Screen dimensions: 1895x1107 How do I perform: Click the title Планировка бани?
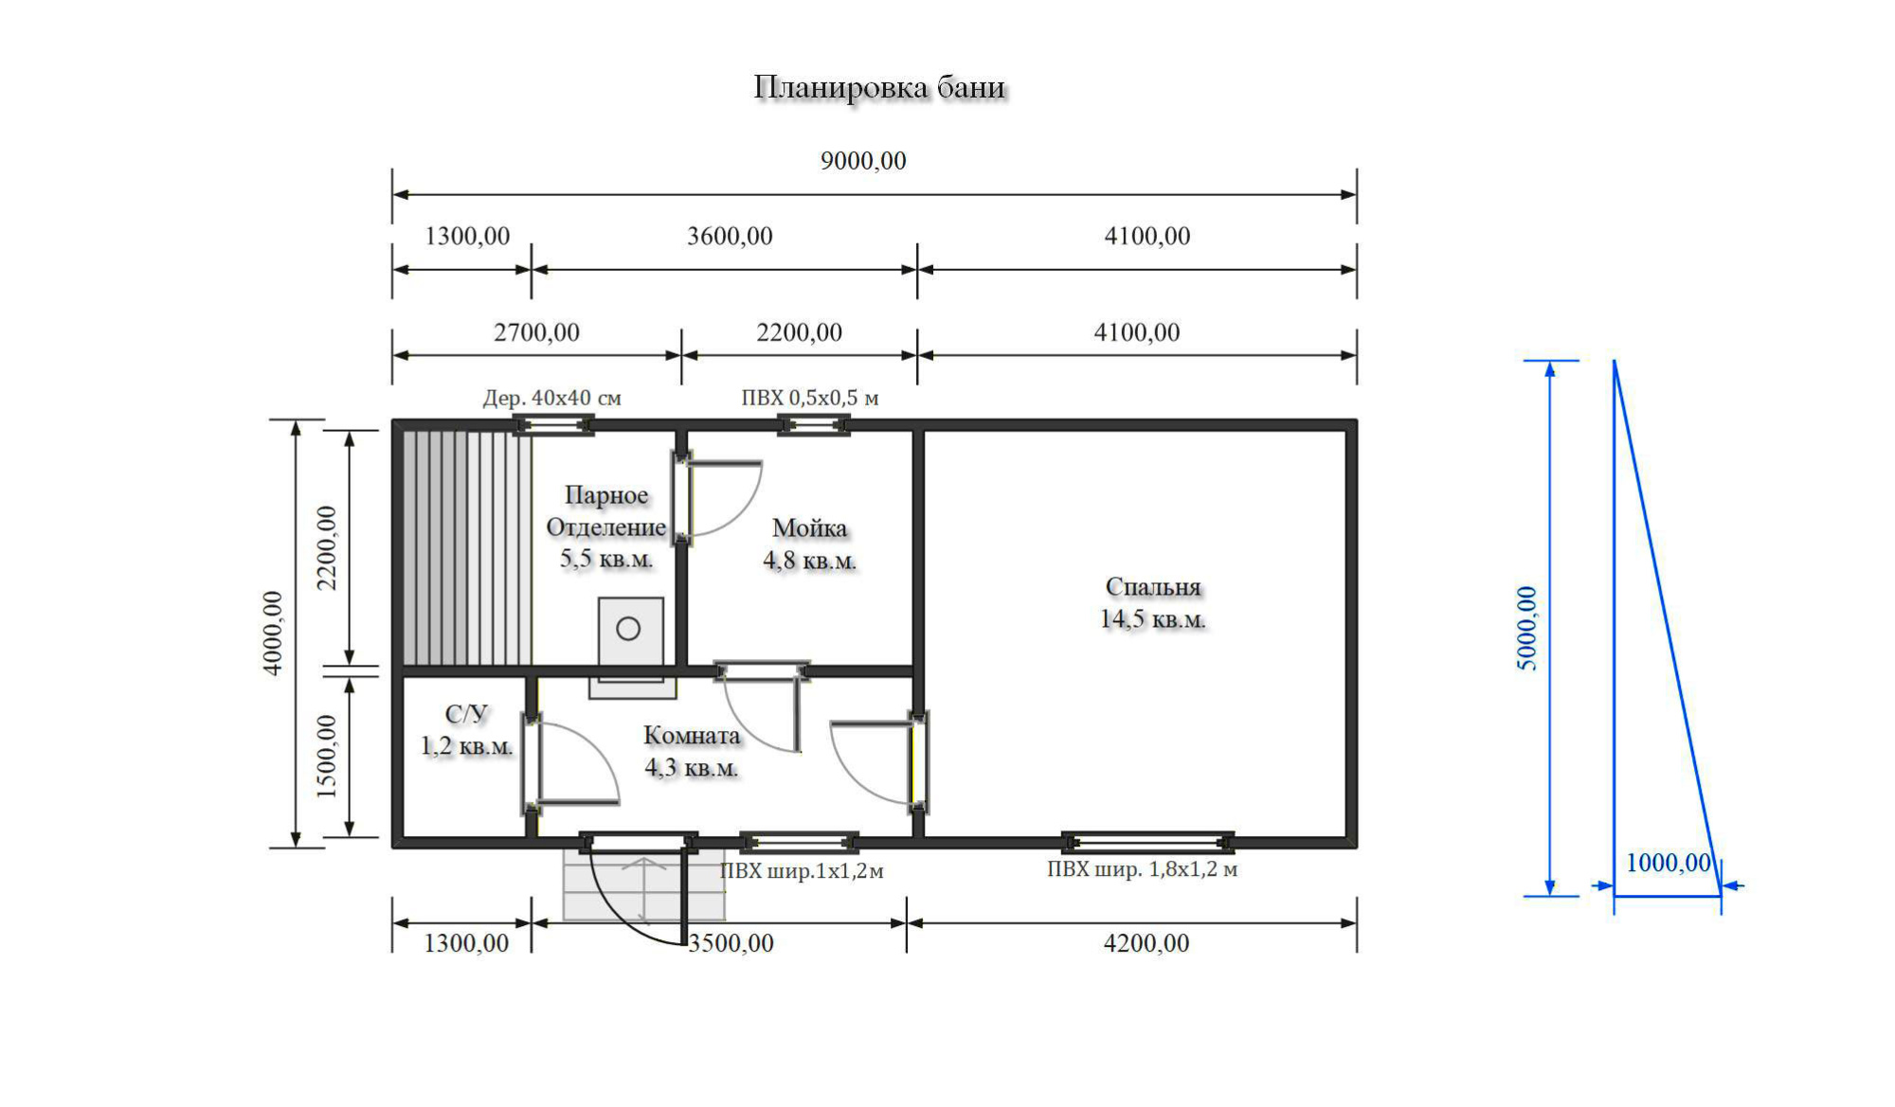[879, 87]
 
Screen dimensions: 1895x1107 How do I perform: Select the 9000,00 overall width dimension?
[863, 161]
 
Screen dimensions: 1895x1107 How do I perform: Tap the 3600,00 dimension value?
[730, 236]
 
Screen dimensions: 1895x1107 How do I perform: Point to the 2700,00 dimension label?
[536, 332]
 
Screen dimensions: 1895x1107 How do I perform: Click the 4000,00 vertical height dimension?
[273, 633]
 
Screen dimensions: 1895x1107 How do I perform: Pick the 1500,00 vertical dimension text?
[327, 757]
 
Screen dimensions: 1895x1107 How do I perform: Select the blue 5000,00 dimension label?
[1527, 629]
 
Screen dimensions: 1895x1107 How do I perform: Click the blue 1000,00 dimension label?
[1669, 863]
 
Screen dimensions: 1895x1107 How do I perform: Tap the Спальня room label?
[1153, 587]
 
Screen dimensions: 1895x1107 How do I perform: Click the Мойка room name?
[810, 527]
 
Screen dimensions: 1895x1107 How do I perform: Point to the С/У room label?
[466, 714]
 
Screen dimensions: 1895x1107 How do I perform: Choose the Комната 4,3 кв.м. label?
[692, 751]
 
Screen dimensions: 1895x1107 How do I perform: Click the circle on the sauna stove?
[628, 628]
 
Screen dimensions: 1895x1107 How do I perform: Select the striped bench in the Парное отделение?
[467, 547]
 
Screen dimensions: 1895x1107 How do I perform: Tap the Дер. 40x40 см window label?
[552, 398]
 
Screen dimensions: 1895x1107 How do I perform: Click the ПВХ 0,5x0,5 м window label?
[810, 398]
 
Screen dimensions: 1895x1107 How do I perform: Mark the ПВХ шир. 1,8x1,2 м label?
[1142, 869]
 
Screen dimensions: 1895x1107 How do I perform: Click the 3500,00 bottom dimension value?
[731, 943]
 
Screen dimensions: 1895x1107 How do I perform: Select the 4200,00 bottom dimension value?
[1146, 943]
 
